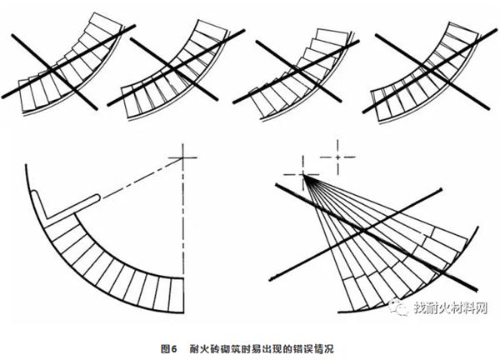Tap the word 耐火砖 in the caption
pyautogui.click(x=202, y=346)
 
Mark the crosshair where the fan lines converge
pyautogui.click(x=302, y=174)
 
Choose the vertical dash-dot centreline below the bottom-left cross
pyautogui.click(x=180, y=225)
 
